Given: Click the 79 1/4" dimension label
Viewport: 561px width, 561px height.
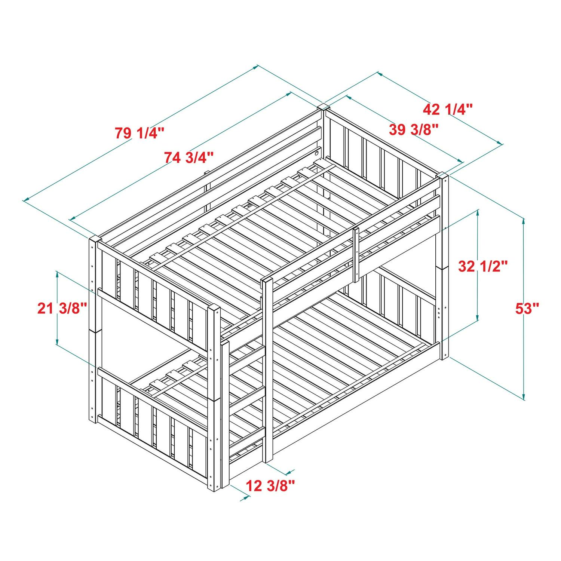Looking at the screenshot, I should (x=140, y=133).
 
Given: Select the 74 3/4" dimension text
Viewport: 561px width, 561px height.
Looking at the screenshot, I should (x=189, y=157).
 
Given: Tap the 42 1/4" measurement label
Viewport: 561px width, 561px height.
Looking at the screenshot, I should (x=448, y=109).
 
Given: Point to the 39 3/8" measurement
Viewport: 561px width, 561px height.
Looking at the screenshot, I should (x=413, y=130).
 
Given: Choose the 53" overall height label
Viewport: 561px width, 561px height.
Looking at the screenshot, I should (x=527, y=309).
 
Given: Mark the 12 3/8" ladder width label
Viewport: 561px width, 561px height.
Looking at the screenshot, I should (x=270, y=486).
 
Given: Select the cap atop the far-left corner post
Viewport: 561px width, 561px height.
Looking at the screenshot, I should (x=95, y=239).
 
